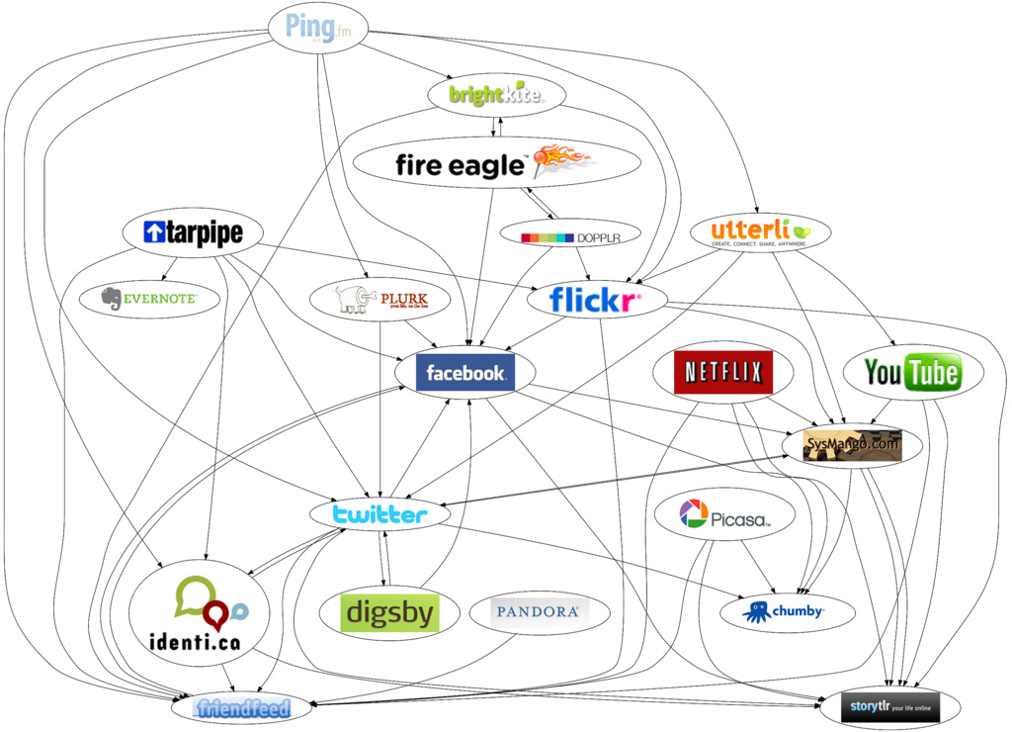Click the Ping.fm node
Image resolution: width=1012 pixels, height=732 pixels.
click(x=317, y=27)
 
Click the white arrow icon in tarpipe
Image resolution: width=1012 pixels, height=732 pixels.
click(x=153, y=232)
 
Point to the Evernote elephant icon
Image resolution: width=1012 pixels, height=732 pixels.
click(x=112, y=299)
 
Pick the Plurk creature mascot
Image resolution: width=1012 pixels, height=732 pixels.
click(x=355, y=298)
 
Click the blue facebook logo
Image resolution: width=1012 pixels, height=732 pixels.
click(x=465, y=373)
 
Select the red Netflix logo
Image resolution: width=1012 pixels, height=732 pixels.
click(x=723, y=373)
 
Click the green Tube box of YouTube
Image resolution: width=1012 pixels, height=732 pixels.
click(x=934, y=372)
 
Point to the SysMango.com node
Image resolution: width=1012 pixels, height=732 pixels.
click(x=853, y=445)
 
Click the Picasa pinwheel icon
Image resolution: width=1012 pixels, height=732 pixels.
click(x=694, y=513)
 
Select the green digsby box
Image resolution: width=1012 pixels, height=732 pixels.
click(x=388, y=613)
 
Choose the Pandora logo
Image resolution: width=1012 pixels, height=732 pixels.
click(x=537, y=612)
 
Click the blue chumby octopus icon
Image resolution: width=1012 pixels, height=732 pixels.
click(x=759, y=611)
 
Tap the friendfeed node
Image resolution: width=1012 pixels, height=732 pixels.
click(x=242, y=708)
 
